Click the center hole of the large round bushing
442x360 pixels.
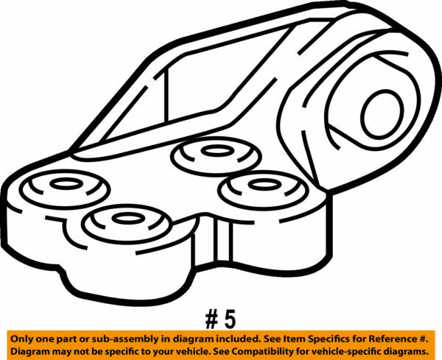382,109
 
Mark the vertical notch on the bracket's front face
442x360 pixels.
220,239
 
